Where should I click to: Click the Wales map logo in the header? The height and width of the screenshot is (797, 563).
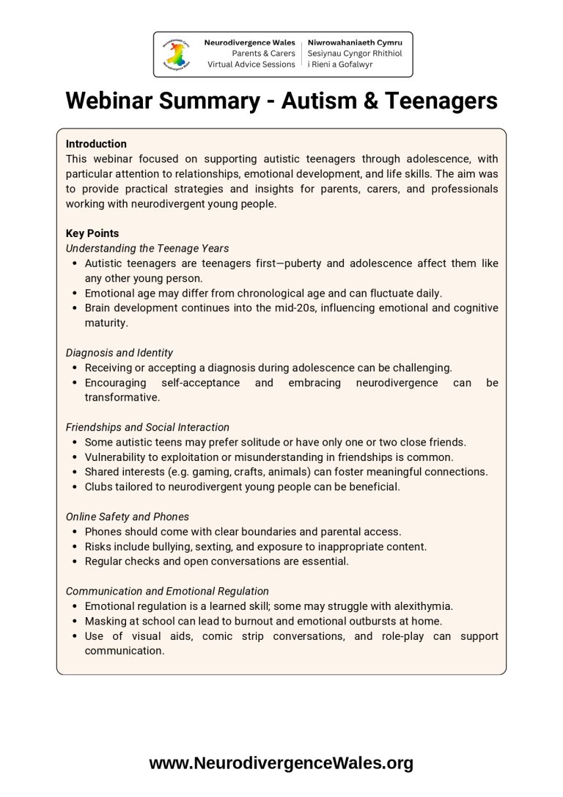[x=176, y=54]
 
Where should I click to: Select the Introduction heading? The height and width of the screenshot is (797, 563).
[x=96, y=144]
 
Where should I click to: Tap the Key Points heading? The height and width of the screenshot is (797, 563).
[x=92, y=233]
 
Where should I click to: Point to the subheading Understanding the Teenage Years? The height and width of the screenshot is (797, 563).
[x=147, y=248]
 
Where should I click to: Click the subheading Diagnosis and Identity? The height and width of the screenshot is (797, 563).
[x=119, y=353]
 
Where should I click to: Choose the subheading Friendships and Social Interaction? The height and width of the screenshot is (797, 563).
[x=147, y=427]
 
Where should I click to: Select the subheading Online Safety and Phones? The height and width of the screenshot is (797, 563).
[x=128, y=517]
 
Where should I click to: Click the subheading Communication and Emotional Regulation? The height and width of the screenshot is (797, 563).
[x=167, y=591]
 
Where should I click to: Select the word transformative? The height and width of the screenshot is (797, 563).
[x=122, y=397]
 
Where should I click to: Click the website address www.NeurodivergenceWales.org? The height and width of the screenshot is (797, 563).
[x=281, y=763]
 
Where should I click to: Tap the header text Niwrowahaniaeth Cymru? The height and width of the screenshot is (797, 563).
[x=355, y=43]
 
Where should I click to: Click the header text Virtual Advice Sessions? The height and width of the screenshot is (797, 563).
[x=251, y=65]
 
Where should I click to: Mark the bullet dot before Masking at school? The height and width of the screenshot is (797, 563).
[x=76, y=621]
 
